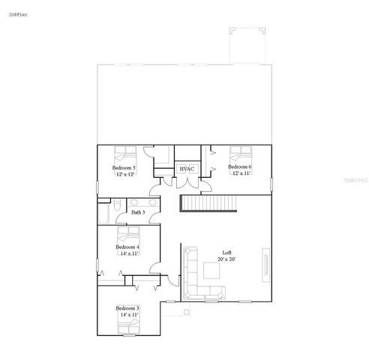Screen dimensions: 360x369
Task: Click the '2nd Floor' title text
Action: click(x=19, y=13)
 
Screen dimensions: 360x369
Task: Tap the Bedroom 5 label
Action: click(x=124, y=168)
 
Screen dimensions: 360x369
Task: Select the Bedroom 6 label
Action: click(x=240, y=166)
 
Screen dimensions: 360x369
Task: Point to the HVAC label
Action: click(x=187, y=169)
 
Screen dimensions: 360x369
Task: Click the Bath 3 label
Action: click(x=137, y=212)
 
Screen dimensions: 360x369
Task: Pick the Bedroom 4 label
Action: click(x=127, y=247)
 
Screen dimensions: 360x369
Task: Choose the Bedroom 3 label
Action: click(x=127, y=308)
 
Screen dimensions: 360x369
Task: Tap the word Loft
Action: click(x=226, y=252)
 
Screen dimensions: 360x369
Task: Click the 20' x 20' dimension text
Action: click(x=226, y=259)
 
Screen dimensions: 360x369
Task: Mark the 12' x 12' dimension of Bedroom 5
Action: click(x=124, y=174)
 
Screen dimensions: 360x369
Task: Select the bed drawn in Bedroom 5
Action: click(x=123, y=154)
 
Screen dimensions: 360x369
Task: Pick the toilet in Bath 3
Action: click(x=118, y=205)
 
